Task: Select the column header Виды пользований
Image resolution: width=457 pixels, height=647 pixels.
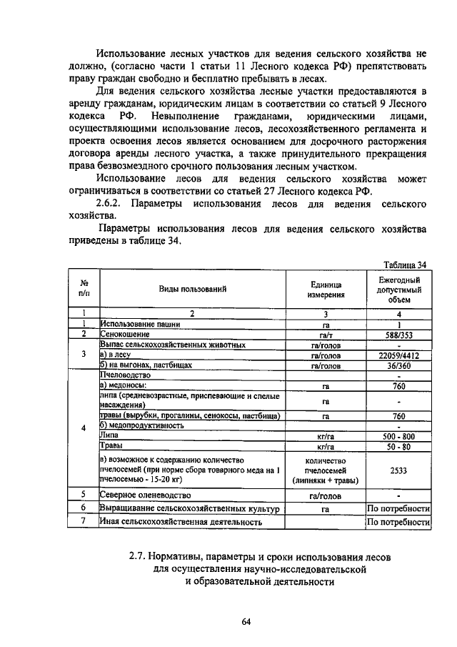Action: pyautogui.click(x=192, y=290)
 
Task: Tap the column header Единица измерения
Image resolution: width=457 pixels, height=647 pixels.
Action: pyautogui.click(x=326, y=290)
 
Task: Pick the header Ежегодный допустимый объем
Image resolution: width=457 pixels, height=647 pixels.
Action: pyautogui.click(x=399, y=290)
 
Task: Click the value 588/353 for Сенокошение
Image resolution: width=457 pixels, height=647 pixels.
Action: pyautogui.click(x=399, y=334)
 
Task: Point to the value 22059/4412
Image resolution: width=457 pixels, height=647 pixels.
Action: pyautogui.click(x=399, y=355)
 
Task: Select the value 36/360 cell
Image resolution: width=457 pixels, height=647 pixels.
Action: pyautogui.click(x=399, y=365)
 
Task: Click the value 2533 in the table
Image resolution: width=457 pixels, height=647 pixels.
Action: pyautogui.click(x=399, y=472)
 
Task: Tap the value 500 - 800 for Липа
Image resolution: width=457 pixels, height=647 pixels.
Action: pyautogui.click(x=399, y=435)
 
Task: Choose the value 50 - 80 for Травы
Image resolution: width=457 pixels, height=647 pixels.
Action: pyautogui.click(x=399, y=446)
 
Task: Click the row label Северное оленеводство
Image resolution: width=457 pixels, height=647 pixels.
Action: pyautogui.click(x=146, y=494)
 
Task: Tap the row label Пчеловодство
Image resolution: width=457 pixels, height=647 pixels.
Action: pyautogui.click(x=124, y=375)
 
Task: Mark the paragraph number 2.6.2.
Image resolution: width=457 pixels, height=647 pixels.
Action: pyautogui.click(x=114, y=204)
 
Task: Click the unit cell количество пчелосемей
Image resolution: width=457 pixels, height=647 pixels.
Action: pyautogui.click(x=326, y=472)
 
